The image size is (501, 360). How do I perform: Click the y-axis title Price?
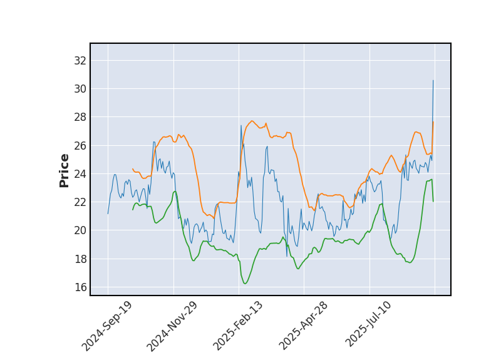(x=65, y=170)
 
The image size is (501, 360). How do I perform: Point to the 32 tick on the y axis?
(x=80, y=61)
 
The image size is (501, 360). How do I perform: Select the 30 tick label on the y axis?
(x=80, y=89)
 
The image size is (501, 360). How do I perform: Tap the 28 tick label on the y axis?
(x=80, y=117)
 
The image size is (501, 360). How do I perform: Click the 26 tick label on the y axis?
(x=80, y=145)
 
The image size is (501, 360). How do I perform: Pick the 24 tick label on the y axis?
(x=80, y=173)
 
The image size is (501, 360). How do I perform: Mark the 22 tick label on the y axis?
(x=80, y=202)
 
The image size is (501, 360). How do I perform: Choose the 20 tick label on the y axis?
(x=80, y=230)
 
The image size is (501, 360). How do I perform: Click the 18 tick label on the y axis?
(x=80, y=259)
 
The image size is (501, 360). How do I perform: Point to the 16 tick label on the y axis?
(x=80, y=287)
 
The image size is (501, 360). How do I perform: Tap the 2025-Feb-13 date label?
(x=238, y=326)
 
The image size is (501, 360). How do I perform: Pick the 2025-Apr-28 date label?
(x=304, y=326)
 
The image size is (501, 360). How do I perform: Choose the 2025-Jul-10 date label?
(x=369, y=326)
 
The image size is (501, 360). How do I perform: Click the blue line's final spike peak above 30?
(x=433, y=80)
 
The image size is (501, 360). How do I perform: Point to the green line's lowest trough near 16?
(x=245, y=284)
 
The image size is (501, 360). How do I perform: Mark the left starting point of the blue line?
(x=108, y=213)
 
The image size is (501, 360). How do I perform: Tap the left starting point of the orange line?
(x=133, y=169)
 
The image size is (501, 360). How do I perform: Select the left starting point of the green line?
(x=133, y=209)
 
